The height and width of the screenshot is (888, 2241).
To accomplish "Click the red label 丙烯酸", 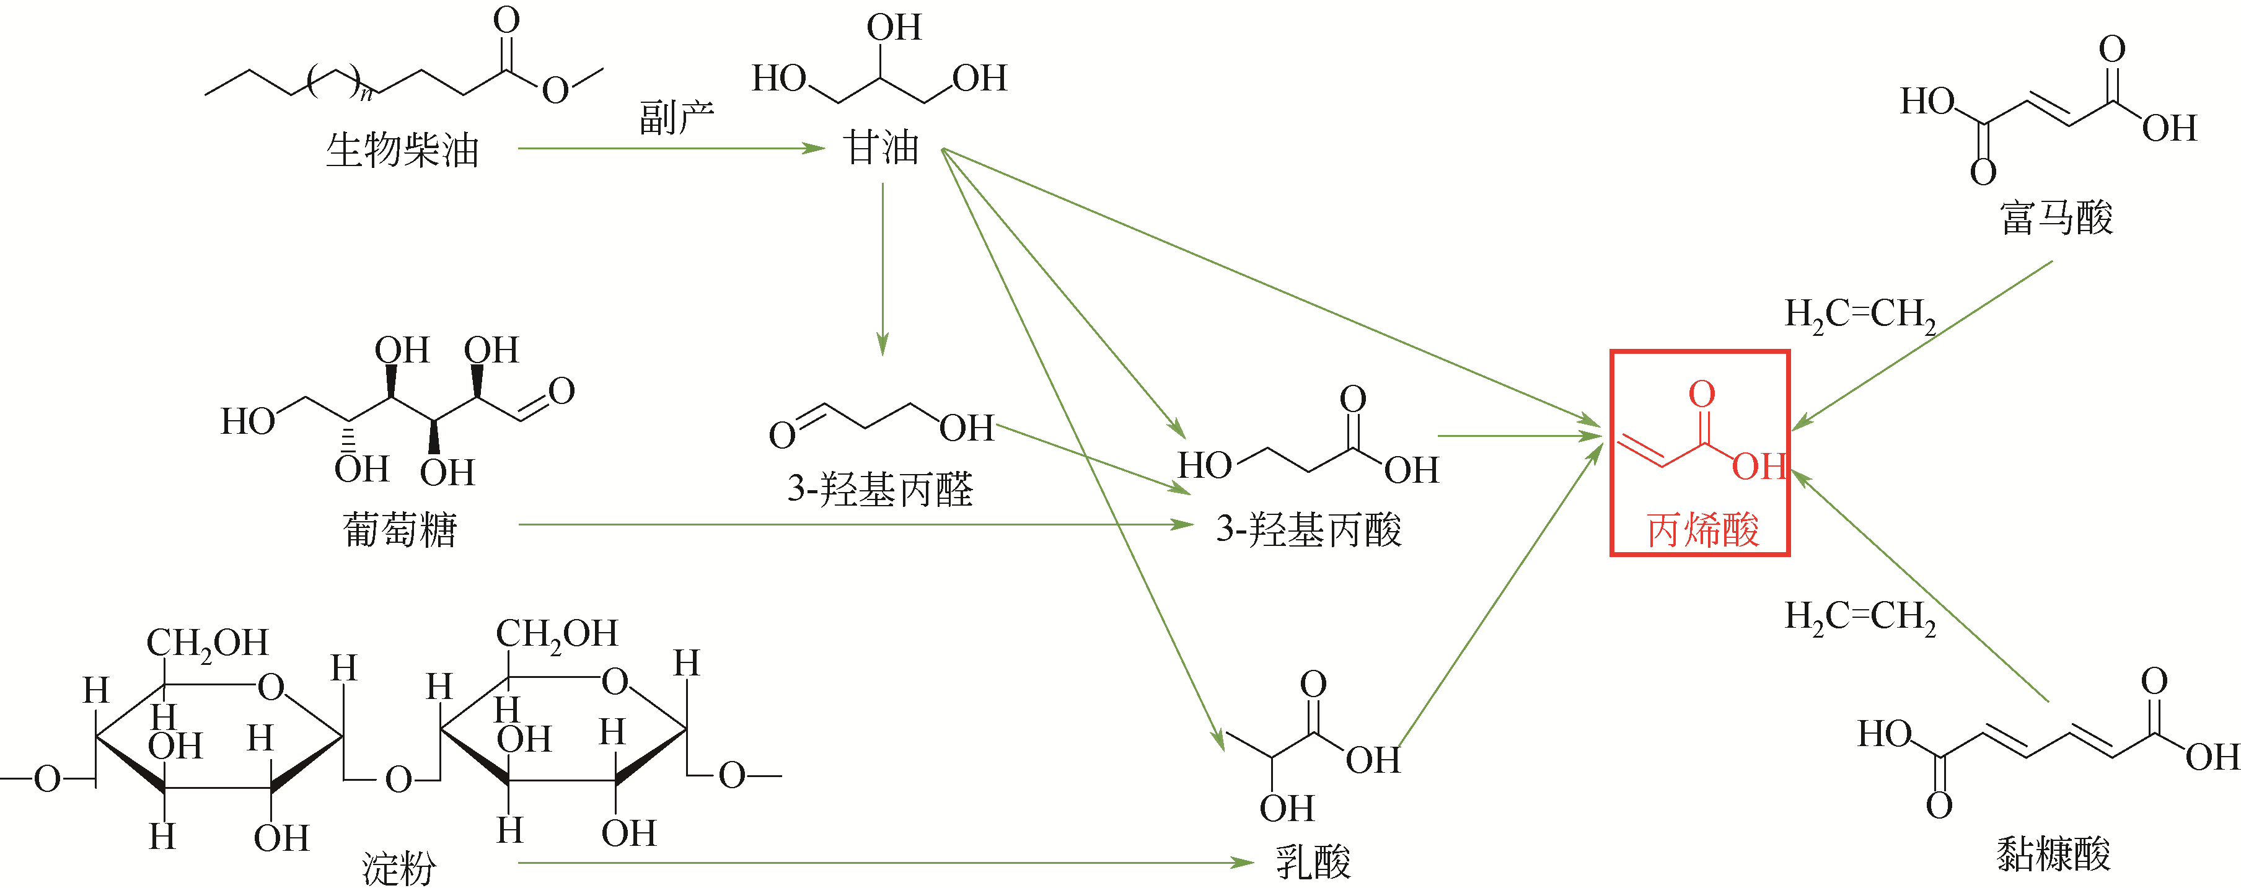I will pos(1702,529).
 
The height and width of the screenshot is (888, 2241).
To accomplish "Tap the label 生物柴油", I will pos(402,149).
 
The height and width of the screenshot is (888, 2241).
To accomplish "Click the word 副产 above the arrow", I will pos(676,117).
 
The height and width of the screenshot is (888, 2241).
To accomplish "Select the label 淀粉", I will pos(398,866).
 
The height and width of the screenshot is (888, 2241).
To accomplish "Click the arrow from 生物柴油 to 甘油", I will pos(670,149).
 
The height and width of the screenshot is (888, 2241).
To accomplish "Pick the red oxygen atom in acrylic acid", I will pos(1702,394).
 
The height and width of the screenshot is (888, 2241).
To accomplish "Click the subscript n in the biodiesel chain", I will pos(366,93).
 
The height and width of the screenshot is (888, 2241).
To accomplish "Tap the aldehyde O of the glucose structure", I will pos(561,390).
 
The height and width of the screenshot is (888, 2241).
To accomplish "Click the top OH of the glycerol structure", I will pos(894,27).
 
